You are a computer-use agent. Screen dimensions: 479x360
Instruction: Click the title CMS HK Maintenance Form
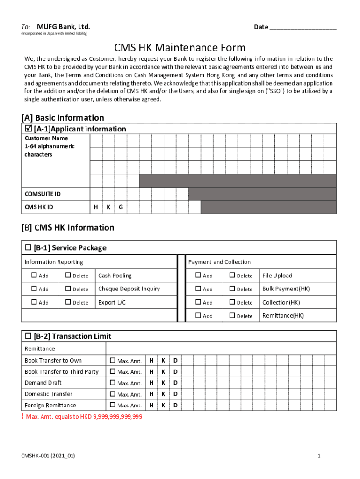point(180,48)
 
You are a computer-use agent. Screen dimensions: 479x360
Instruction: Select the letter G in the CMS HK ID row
point(121,207)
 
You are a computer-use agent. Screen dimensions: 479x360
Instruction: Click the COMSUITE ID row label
point(43,194)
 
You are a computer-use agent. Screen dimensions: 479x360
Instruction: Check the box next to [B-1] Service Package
point(28,247)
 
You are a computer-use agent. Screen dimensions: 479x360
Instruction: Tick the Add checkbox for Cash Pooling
point(34,276)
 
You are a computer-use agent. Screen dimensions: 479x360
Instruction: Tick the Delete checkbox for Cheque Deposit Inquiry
point(68,289)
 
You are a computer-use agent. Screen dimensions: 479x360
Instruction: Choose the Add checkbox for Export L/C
point(34,302)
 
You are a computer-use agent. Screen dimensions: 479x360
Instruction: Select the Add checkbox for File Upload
point(198,276)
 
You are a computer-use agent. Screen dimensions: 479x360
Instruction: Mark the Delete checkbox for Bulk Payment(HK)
point(232,289)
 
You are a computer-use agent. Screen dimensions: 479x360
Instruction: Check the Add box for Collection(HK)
point(198,302)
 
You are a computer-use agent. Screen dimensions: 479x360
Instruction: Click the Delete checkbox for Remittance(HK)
point(232,316)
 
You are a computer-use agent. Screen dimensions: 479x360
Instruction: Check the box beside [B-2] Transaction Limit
point(28,336)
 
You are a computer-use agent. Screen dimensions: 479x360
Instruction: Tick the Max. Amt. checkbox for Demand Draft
point(112,383)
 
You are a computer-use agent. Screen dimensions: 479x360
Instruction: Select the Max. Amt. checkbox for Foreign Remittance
point(112,405)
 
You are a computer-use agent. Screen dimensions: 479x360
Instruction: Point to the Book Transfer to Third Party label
point(62,371)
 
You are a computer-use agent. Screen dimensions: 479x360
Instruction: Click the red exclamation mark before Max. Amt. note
point(23,416)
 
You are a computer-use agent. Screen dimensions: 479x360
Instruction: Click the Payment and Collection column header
point(219,262)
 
